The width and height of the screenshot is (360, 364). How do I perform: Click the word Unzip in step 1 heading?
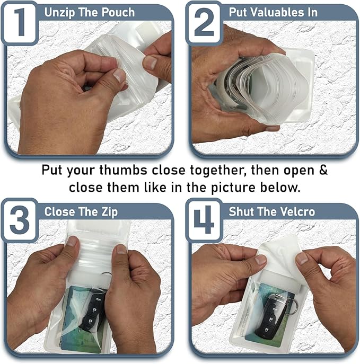[x=60, y=12]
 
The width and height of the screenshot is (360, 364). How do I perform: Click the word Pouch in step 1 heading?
[x=118, y=12]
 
